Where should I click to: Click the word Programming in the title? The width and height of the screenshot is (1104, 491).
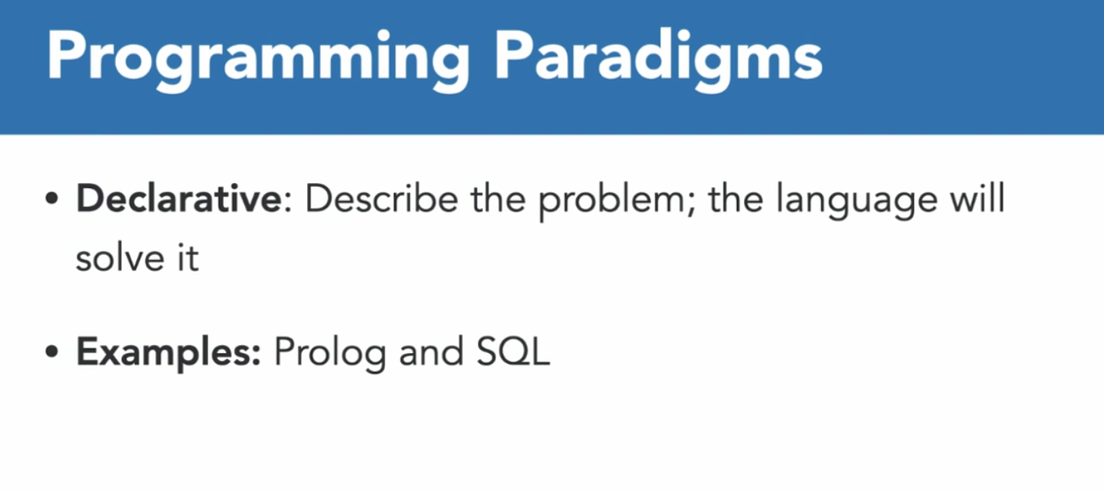258,60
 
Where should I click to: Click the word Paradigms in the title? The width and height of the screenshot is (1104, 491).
658,60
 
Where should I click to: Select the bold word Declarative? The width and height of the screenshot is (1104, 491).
179,199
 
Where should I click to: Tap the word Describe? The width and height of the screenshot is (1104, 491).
382,199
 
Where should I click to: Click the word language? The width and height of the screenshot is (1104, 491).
857,203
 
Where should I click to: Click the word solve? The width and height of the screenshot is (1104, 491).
120,257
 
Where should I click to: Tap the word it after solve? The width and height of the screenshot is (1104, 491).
188,258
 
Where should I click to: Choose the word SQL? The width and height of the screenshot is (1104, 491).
512,352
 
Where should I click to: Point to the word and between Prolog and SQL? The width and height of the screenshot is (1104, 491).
431,352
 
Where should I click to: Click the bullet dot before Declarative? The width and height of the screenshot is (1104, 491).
52,199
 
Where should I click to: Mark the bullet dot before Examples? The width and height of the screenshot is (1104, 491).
52,352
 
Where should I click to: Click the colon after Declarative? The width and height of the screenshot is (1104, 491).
289,203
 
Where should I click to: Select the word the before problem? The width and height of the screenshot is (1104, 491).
498,199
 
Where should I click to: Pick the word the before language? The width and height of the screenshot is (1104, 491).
736,199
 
